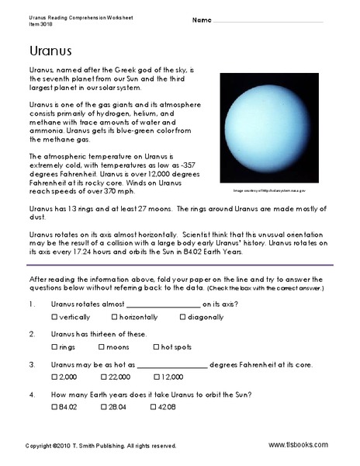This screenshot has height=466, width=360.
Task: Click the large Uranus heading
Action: pyautogui.click(x=40, y=52)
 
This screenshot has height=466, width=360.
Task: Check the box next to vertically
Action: pyautogui.click(x=54, y=318)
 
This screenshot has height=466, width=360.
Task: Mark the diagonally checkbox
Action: pyautogui.click(x=183, y=318)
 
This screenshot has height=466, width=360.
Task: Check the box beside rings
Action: pyautogui.click(x=54, y=347)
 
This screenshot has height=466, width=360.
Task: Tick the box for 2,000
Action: pyautogui.click(x=54, y=377)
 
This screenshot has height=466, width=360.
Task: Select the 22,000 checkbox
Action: pyautogui.click(x=106, y=377)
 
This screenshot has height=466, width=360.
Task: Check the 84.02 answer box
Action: pyautogui.click(x=54, y=406)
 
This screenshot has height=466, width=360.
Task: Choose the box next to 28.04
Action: pyautogui.click(x=106, y=406)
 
